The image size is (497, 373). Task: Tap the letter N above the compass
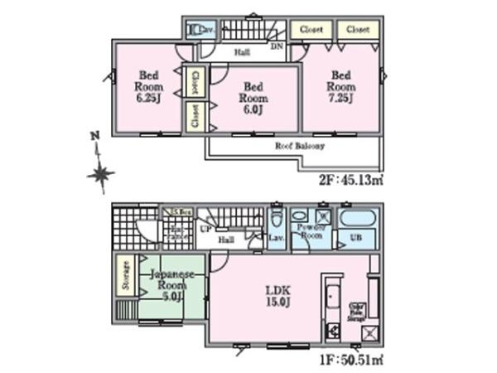pos(95,135)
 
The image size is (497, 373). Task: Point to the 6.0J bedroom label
pos(253,97)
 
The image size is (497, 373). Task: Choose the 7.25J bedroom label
pos(340,86)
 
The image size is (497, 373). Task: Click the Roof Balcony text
pos(299,146)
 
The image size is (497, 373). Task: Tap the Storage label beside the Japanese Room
pos(126,276)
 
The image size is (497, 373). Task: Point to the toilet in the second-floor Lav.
pos(195,31)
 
